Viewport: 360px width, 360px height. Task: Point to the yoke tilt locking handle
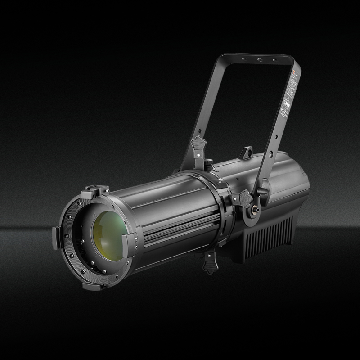265,187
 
